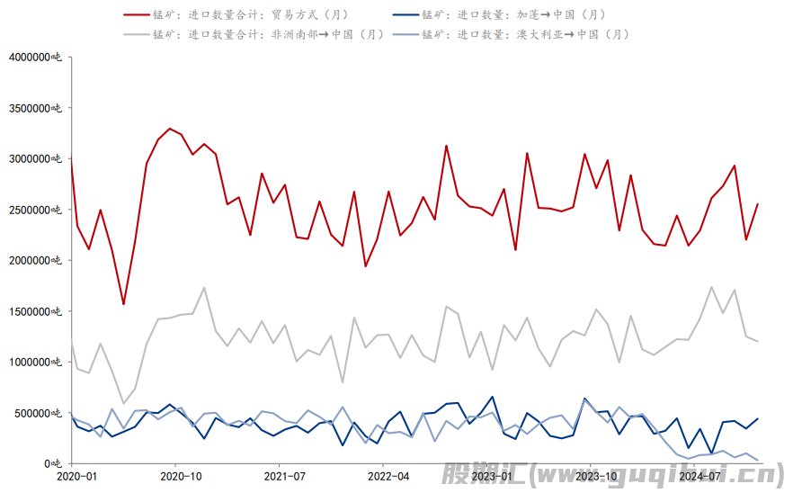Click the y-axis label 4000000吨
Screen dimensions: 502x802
[36, 57]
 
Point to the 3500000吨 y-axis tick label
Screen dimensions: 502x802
[36, 108]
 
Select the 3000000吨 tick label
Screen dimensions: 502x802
[36, 158]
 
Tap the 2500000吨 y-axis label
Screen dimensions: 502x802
[36, 210]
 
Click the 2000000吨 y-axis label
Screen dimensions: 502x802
[36, 260]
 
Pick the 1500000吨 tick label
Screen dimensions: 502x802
[36, 311]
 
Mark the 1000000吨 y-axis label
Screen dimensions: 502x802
[36, 362]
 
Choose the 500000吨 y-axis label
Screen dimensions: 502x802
[40, 413]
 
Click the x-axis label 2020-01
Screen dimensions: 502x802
[76, 475]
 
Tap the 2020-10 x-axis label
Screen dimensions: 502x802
[180, 475]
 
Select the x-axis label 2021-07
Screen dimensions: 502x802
[284, 475]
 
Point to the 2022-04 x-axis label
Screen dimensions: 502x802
[388, 475]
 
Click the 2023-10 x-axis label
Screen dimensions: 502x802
[598, 475]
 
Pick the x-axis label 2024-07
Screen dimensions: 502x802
[702, 475]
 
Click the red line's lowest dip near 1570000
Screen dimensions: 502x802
[123, 304]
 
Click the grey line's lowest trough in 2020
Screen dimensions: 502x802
[123, 403]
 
